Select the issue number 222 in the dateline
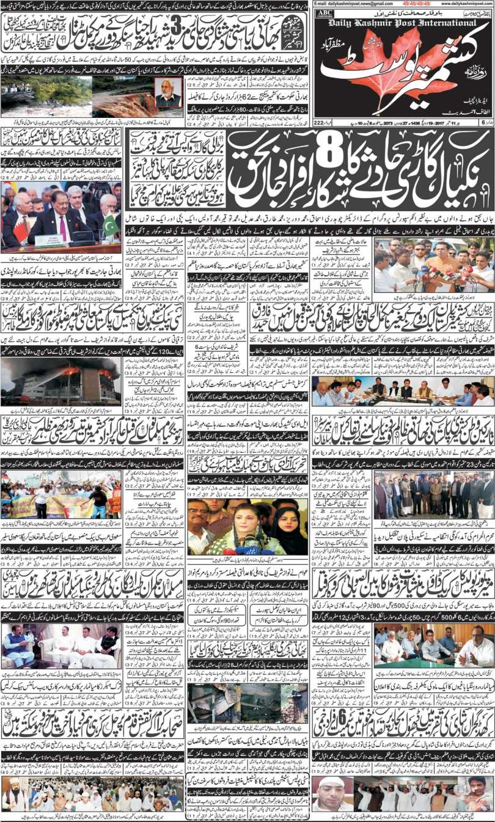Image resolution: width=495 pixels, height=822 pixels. click(318, 123)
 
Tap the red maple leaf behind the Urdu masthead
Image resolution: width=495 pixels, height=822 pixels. click(379, 67)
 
